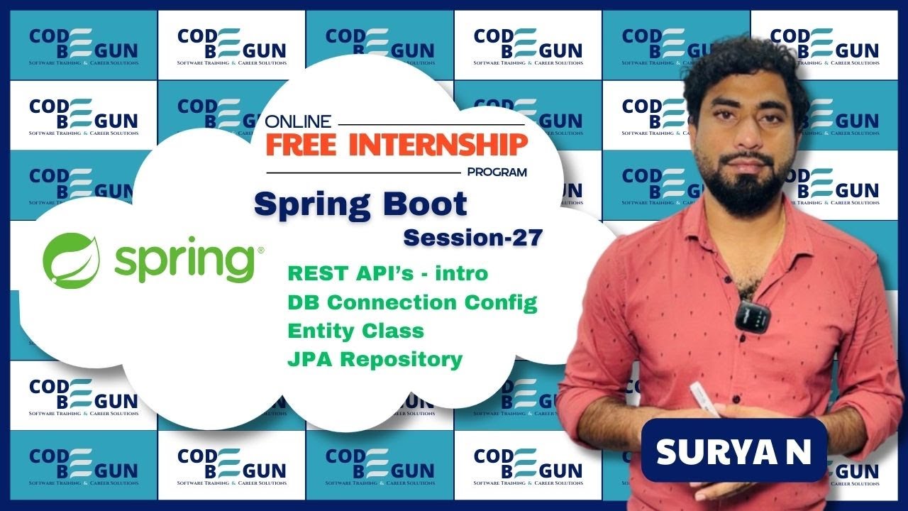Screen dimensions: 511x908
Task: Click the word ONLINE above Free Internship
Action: [298, 121]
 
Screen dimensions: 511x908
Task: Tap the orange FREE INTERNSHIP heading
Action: [397, 145]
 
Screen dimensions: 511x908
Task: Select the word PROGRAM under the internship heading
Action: [497, 172]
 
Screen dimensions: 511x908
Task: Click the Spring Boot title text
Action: [360, 204]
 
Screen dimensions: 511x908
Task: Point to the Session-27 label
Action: [472, 237]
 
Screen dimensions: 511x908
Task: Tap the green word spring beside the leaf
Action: [184, 263]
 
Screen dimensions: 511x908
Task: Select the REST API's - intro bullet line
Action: [388, 273]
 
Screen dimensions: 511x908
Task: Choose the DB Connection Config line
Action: [412, 302]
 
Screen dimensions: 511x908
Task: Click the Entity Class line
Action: [355, 331]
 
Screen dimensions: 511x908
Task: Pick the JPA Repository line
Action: [375, 359]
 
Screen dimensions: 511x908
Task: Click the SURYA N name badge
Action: [733, 451]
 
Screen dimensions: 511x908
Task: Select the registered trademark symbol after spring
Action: [261, 250]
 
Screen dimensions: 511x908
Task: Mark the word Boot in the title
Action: [426, 204]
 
